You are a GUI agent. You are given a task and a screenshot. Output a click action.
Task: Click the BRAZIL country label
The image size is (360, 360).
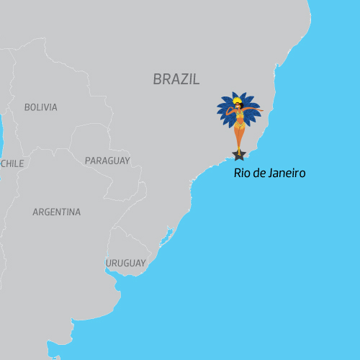[x=176, y=79]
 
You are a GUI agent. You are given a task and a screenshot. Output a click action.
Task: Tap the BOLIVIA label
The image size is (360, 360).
[x=40, y=107]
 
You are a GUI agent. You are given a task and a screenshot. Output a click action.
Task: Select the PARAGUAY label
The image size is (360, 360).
[x=107, y=161]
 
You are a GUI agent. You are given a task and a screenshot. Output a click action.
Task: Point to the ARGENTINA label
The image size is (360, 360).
[x=56, y=212]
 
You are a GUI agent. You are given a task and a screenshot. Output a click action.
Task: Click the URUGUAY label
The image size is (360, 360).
[x=125, y=264]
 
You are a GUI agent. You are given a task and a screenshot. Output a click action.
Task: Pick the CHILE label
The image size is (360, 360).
[x=12, y=163]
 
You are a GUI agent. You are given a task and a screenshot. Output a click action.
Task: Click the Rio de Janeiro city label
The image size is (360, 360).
[x=270, y=174]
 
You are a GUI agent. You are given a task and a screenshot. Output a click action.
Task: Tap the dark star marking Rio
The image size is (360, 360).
[x=239, y=153]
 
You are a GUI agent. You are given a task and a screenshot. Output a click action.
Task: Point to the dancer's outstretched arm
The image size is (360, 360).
[x=254, y=111]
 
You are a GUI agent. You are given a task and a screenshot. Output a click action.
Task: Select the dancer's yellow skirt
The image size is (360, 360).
[x=239, y=124]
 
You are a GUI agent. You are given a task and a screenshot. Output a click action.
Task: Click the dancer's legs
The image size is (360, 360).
[x=239, y=138]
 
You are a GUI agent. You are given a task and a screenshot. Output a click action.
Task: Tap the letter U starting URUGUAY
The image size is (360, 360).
[x=109, y=264]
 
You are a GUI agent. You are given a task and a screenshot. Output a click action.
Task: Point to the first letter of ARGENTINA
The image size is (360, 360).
[x=36, y=212]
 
